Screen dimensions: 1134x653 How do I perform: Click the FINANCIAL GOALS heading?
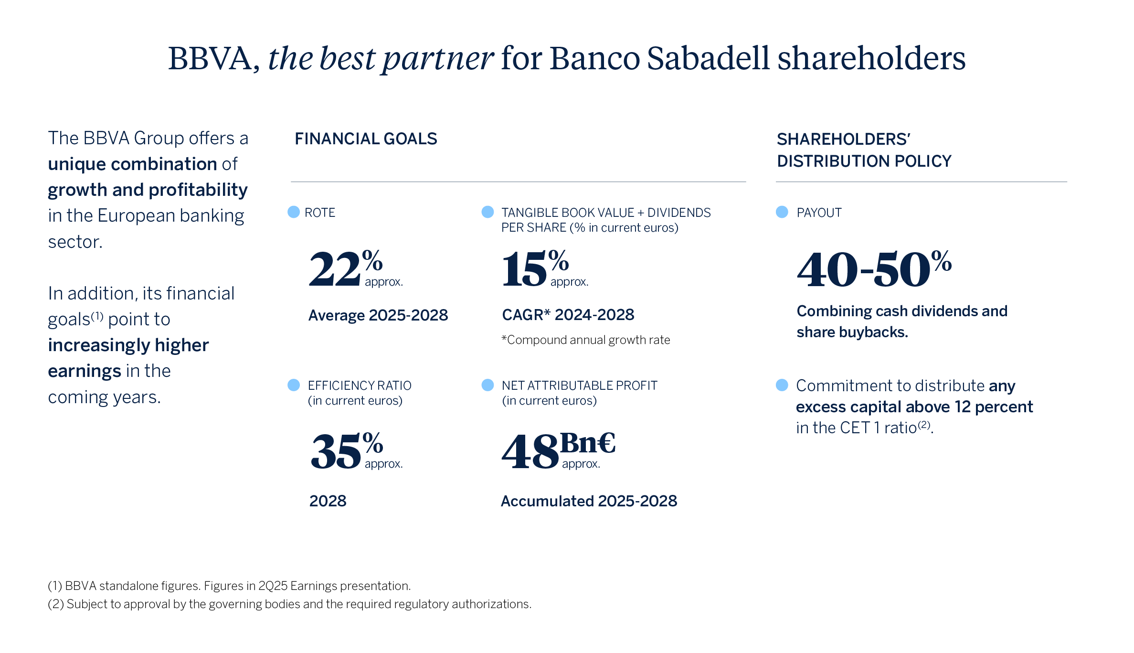coord(366,139)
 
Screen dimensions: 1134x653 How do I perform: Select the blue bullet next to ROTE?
coord(294,212)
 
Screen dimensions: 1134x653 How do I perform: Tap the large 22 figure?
coord(335,269)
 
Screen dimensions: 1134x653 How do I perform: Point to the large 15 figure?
coord(524,269)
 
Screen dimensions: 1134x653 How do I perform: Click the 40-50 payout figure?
coord(864,270)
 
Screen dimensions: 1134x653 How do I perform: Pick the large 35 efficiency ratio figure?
coord(336,451)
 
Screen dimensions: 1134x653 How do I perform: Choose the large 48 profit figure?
coord(530,451)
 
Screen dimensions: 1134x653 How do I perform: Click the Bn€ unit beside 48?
coord(588,443)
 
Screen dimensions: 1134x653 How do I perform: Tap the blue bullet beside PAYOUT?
coord(782,212)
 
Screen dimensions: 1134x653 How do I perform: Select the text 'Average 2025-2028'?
coord(378,315)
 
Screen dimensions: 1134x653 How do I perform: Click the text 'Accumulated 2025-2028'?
coord(589,501)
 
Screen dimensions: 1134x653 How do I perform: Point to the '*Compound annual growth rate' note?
coord(586,340)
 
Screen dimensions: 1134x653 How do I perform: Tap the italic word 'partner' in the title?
coord(438,60)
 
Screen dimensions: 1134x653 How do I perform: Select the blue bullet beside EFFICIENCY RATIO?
coord(294,385)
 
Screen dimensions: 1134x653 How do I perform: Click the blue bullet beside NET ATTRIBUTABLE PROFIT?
coord(488,385)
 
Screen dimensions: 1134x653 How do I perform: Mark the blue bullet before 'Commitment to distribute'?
coord(782,385)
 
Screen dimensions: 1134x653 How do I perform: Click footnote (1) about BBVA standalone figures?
coord(229,586)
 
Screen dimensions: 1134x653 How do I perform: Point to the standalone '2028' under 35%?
coord(328,501)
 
